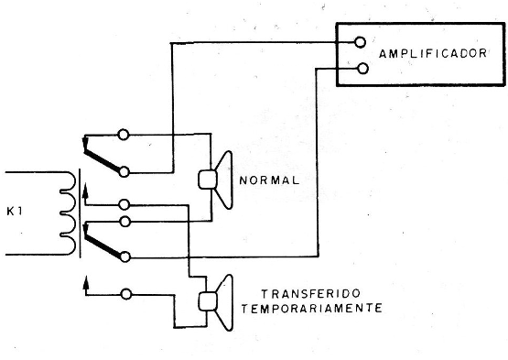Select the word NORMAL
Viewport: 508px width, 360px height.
(x=267, y=180)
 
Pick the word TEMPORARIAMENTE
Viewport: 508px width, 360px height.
(x=310, y=309)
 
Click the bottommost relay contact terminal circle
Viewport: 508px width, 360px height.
(x=124, y=292)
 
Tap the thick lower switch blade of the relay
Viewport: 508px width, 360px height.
(x=103, y=244)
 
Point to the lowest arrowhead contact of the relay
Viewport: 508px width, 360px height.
(x=86, y=281)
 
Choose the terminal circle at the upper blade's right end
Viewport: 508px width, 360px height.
(x=124, y=170)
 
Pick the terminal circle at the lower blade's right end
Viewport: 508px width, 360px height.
(x=124, y=256)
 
